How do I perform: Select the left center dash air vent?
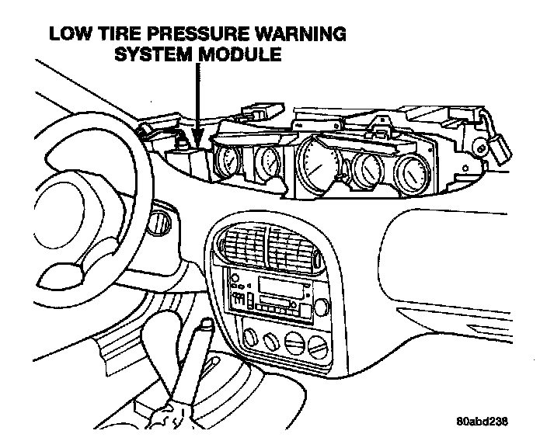coord(242,245)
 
